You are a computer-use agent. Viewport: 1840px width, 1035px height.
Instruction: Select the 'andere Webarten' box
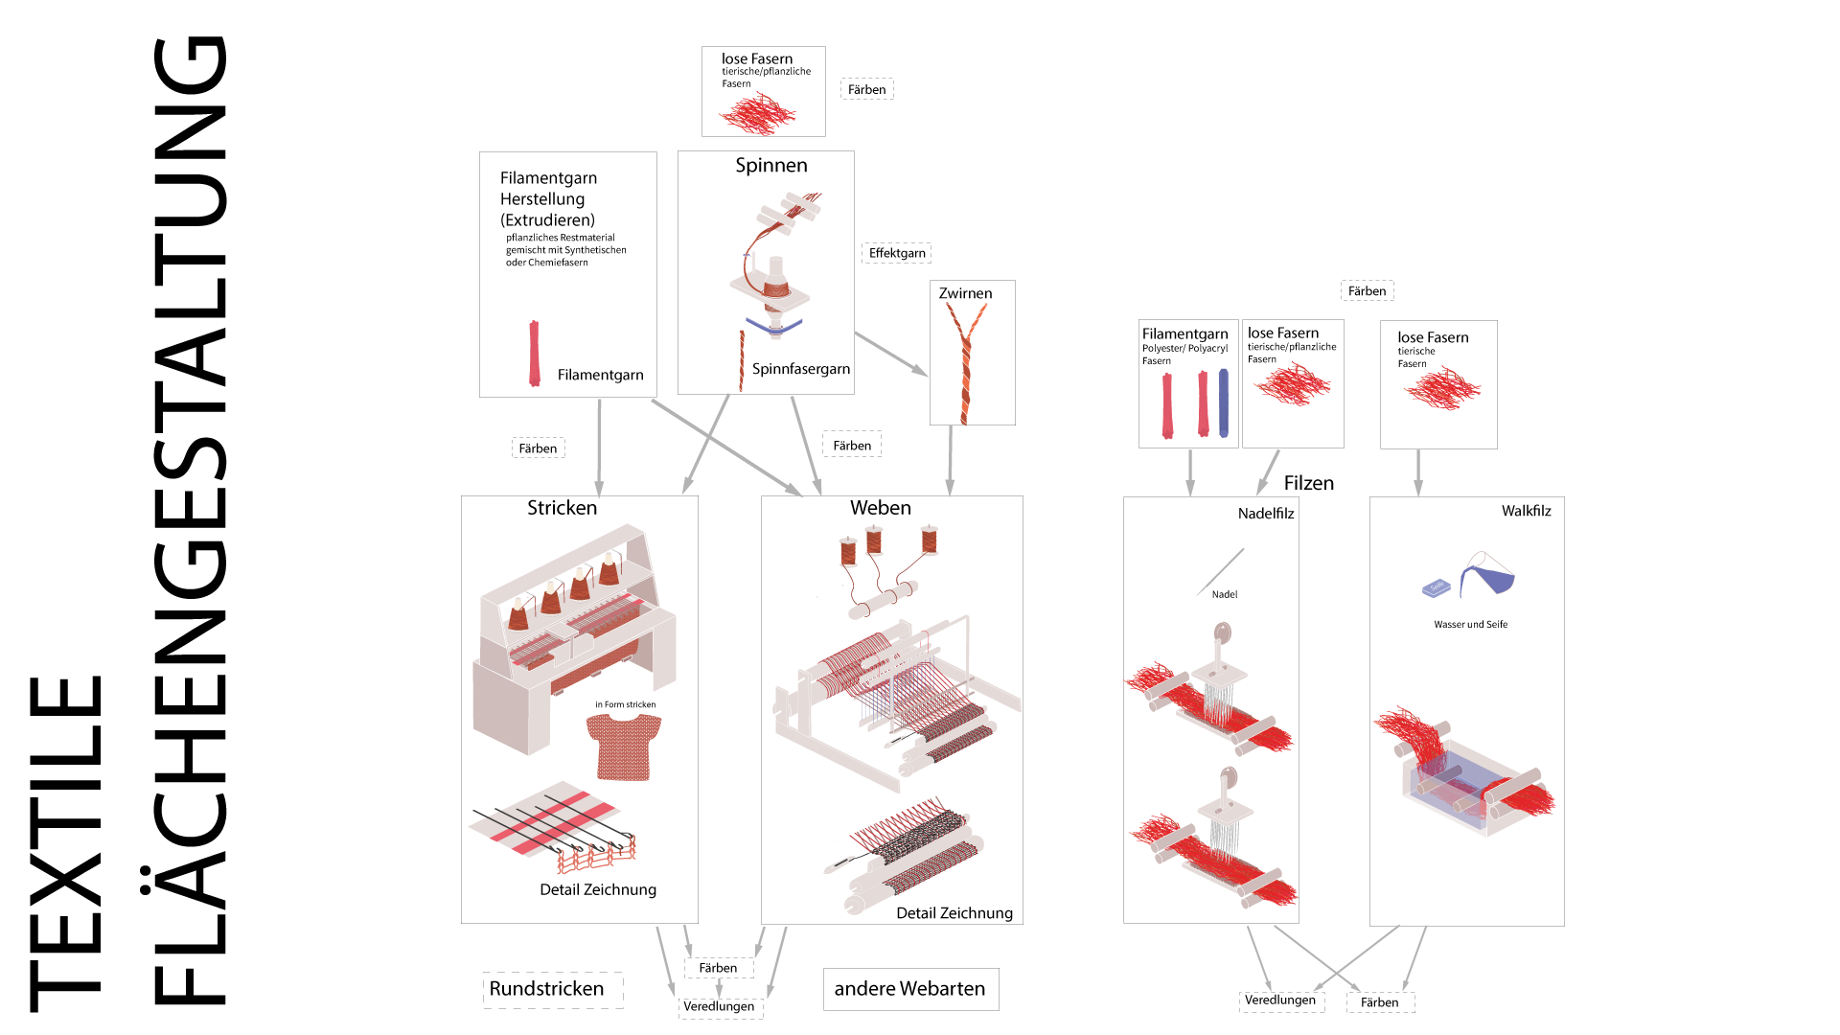(x=910, y=989)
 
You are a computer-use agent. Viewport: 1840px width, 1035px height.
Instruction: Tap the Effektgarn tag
(x=897, y=253)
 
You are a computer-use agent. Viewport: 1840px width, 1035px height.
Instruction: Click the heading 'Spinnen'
(x=771, y=166)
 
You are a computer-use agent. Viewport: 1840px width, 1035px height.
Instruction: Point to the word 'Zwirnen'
(x=965, y=293)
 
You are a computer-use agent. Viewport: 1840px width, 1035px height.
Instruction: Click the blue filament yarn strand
(x=1224, y=402)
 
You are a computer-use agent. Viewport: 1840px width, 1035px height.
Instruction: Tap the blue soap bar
(x=1437, y=587)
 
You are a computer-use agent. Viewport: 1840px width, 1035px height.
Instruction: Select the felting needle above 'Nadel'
(x=1221, y=571)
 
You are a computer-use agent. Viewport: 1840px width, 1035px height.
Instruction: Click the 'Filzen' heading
(x=1309, y=483)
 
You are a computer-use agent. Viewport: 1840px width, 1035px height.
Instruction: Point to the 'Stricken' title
(x=562, y=508)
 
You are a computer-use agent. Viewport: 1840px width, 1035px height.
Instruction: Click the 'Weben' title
(x=881, y=508)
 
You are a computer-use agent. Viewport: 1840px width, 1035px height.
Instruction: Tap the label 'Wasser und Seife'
(x=1471, y=625)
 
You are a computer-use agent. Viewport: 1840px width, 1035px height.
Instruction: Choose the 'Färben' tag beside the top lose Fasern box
(x=867, y=89)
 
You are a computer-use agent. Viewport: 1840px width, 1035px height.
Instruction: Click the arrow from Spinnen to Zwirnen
(x=891, y=354)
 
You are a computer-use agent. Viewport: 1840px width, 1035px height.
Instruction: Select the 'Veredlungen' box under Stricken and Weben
(x=720, y=1006)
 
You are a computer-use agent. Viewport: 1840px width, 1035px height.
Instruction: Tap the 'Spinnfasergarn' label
(x=801, y=369)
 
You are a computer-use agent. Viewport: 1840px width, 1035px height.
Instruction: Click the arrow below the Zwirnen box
(x=951, y=460)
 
